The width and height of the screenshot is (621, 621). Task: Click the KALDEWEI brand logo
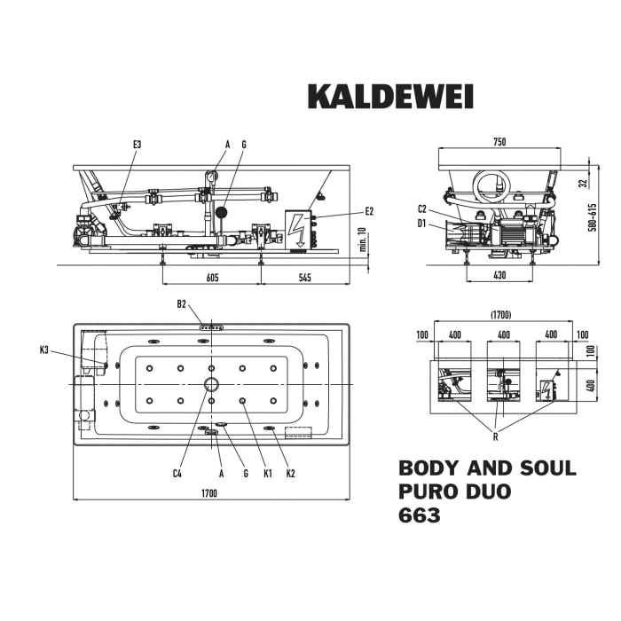390,96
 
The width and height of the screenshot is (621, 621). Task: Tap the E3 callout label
137,145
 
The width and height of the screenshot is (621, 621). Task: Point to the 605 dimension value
212,278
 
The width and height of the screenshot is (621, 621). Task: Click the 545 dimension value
304,278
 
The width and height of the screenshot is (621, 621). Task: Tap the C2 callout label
423,209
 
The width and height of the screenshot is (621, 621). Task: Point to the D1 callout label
423,224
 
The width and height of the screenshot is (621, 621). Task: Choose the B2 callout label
181,304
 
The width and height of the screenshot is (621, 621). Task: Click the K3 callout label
44,350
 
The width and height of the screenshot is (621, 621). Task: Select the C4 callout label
177,474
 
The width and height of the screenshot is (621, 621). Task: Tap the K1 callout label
266,474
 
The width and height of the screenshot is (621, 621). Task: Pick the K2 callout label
290,474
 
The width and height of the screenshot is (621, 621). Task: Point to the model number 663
420,515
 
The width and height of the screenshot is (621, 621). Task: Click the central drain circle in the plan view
211,384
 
